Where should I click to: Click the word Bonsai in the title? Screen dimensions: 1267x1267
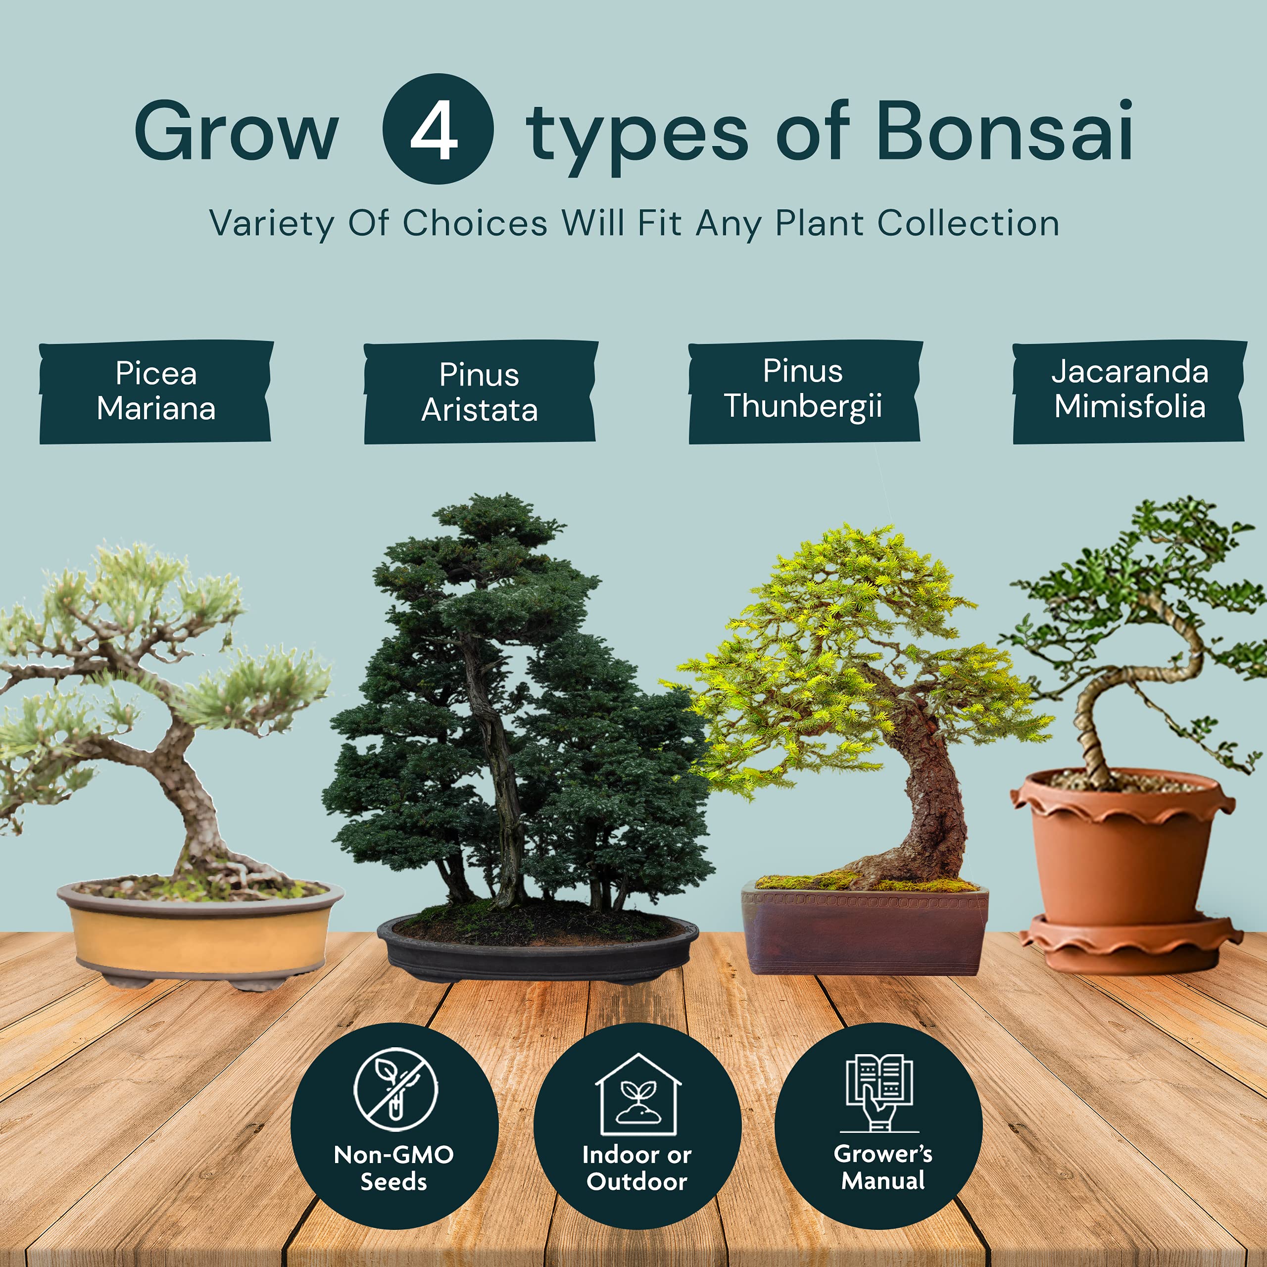tap(1004, 131)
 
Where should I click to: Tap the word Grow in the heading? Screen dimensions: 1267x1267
tap(236, 132)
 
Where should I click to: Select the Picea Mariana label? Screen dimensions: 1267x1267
tap(156, 391)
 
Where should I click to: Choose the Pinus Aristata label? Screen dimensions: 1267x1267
tap(480, 392)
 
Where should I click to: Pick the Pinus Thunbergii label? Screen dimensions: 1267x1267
tap(803, 389)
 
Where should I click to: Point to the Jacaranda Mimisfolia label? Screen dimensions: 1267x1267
tap(1129, 390)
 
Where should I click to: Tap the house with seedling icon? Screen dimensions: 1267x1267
tap(637, 1094)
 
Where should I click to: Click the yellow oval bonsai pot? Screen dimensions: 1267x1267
tap(200, 938)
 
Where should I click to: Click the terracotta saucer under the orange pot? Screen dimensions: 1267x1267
tap(1131, 944)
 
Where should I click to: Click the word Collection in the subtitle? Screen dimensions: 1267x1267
tap(968, 224)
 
